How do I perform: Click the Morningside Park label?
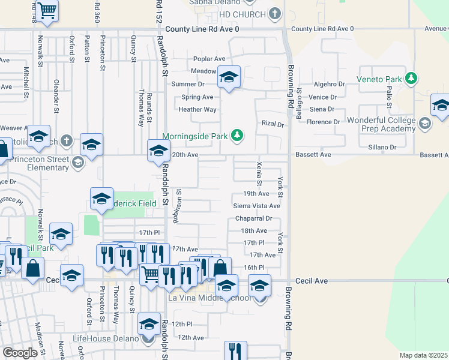195,136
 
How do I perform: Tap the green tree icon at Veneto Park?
411,79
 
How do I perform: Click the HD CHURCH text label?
243,14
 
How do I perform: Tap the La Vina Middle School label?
209,298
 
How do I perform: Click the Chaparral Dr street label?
253,218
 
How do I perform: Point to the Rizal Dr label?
272,124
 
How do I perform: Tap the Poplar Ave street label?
209,59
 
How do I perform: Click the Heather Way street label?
197,109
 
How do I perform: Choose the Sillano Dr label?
382,147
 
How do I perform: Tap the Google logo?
20,353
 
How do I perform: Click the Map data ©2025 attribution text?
423,355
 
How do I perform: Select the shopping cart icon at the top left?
47,9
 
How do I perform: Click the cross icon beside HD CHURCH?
275,13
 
